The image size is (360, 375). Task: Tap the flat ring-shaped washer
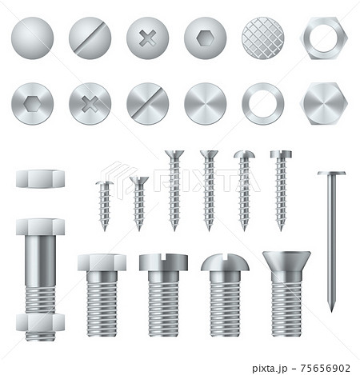[x=263, y=103]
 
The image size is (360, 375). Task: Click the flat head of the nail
[x=331, y=173]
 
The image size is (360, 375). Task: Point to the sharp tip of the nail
[x=331, y=308]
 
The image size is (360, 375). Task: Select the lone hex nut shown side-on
[x=39, y=178]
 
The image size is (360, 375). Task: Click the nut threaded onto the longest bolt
[x=39, y=323]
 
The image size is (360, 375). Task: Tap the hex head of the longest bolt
[x=39, y=227]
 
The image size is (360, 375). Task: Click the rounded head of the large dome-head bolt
[x=225, y=262]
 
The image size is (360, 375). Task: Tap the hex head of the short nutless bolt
[x=102, y=262]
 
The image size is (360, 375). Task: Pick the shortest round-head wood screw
[x=104, y=205]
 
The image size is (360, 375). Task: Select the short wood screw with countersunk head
[x=138, y=201]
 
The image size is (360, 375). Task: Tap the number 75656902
[x=322, y=369]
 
